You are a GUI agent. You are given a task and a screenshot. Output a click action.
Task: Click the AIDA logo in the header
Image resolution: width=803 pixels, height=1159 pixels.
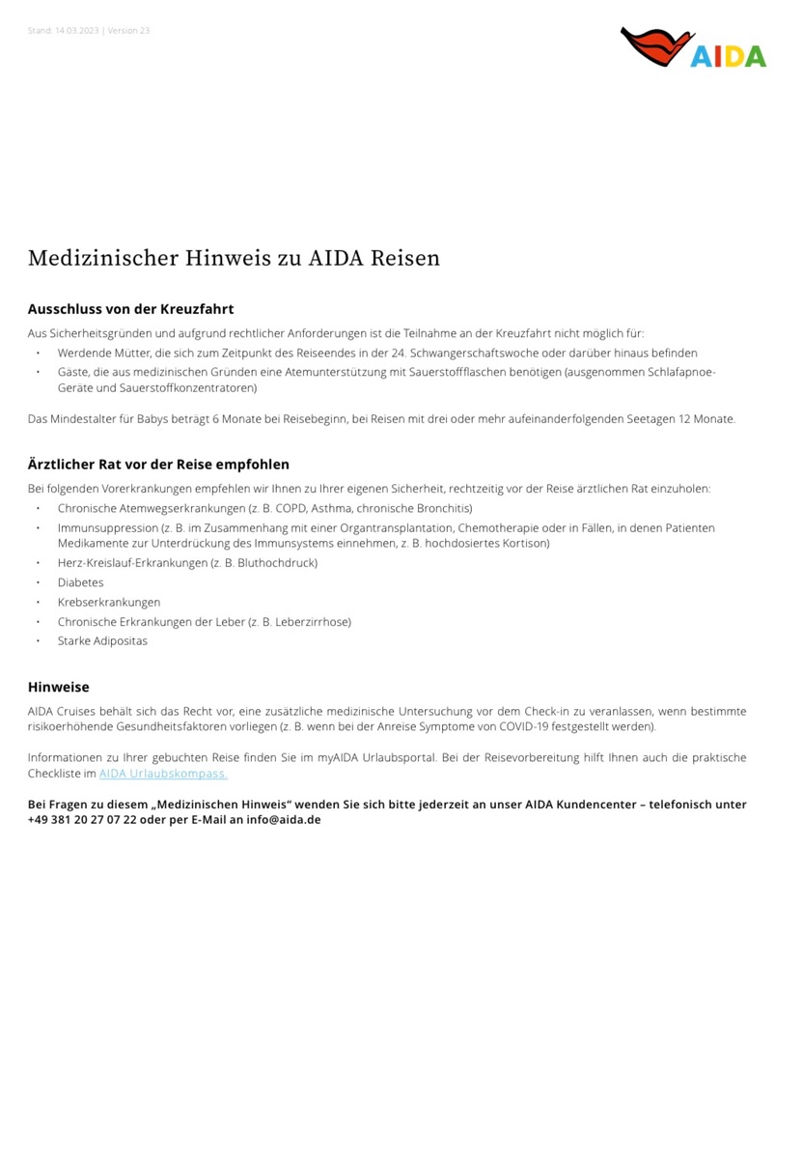(693, 48)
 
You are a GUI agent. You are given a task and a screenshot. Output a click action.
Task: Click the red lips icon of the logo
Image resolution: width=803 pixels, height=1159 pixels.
(656, 46)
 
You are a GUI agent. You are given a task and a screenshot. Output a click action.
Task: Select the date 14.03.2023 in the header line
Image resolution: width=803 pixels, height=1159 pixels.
(76, 31)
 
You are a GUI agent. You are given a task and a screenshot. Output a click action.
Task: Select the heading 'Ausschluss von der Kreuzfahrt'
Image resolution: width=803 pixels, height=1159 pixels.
(130, 309)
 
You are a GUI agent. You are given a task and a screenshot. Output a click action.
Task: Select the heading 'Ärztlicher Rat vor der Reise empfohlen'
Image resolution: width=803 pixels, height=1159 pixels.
(158, 465)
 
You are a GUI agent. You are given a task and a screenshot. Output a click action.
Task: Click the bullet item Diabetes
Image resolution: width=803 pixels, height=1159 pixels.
(80, 582)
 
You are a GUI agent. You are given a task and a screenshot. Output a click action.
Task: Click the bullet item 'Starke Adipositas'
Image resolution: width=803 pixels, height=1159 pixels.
(102, 641)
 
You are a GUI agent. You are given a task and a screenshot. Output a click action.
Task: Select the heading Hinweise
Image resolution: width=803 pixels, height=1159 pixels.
(58, 688)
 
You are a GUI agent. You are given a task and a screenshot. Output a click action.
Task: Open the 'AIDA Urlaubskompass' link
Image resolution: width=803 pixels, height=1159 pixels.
(162, 774)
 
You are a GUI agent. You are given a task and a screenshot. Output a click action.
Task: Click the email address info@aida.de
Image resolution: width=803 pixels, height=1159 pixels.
(283, 819)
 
